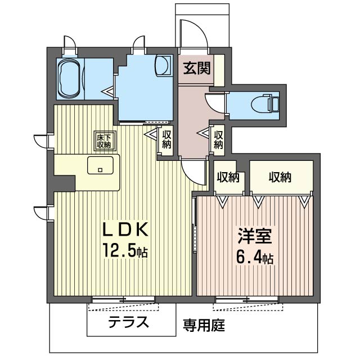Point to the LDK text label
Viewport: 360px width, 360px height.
124,230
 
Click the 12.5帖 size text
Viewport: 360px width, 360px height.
124,250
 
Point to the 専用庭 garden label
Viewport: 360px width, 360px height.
204,325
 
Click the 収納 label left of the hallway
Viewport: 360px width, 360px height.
166,139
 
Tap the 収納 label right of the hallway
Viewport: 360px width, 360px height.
218,139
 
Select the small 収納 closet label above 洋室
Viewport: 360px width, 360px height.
228,177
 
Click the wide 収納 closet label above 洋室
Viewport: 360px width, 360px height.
280,177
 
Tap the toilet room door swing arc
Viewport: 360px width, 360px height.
216,103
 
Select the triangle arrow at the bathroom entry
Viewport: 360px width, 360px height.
107,89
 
